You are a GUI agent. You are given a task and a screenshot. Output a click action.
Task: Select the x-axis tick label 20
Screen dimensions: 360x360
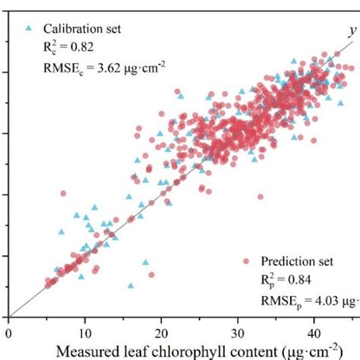(161, 332)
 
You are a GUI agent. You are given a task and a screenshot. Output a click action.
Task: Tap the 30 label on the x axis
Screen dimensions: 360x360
(238, 332)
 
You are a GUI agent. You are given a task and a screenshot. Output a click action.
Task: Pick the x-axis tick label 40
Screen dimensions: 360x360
(314, 332)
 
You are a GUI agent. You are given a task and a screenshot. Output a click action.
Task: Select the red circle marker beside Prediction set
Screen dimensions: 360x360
(247, 261)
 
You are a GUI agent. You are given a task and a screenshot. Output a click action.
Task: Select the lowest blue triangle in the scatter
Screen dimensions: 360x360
(131, 286)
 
